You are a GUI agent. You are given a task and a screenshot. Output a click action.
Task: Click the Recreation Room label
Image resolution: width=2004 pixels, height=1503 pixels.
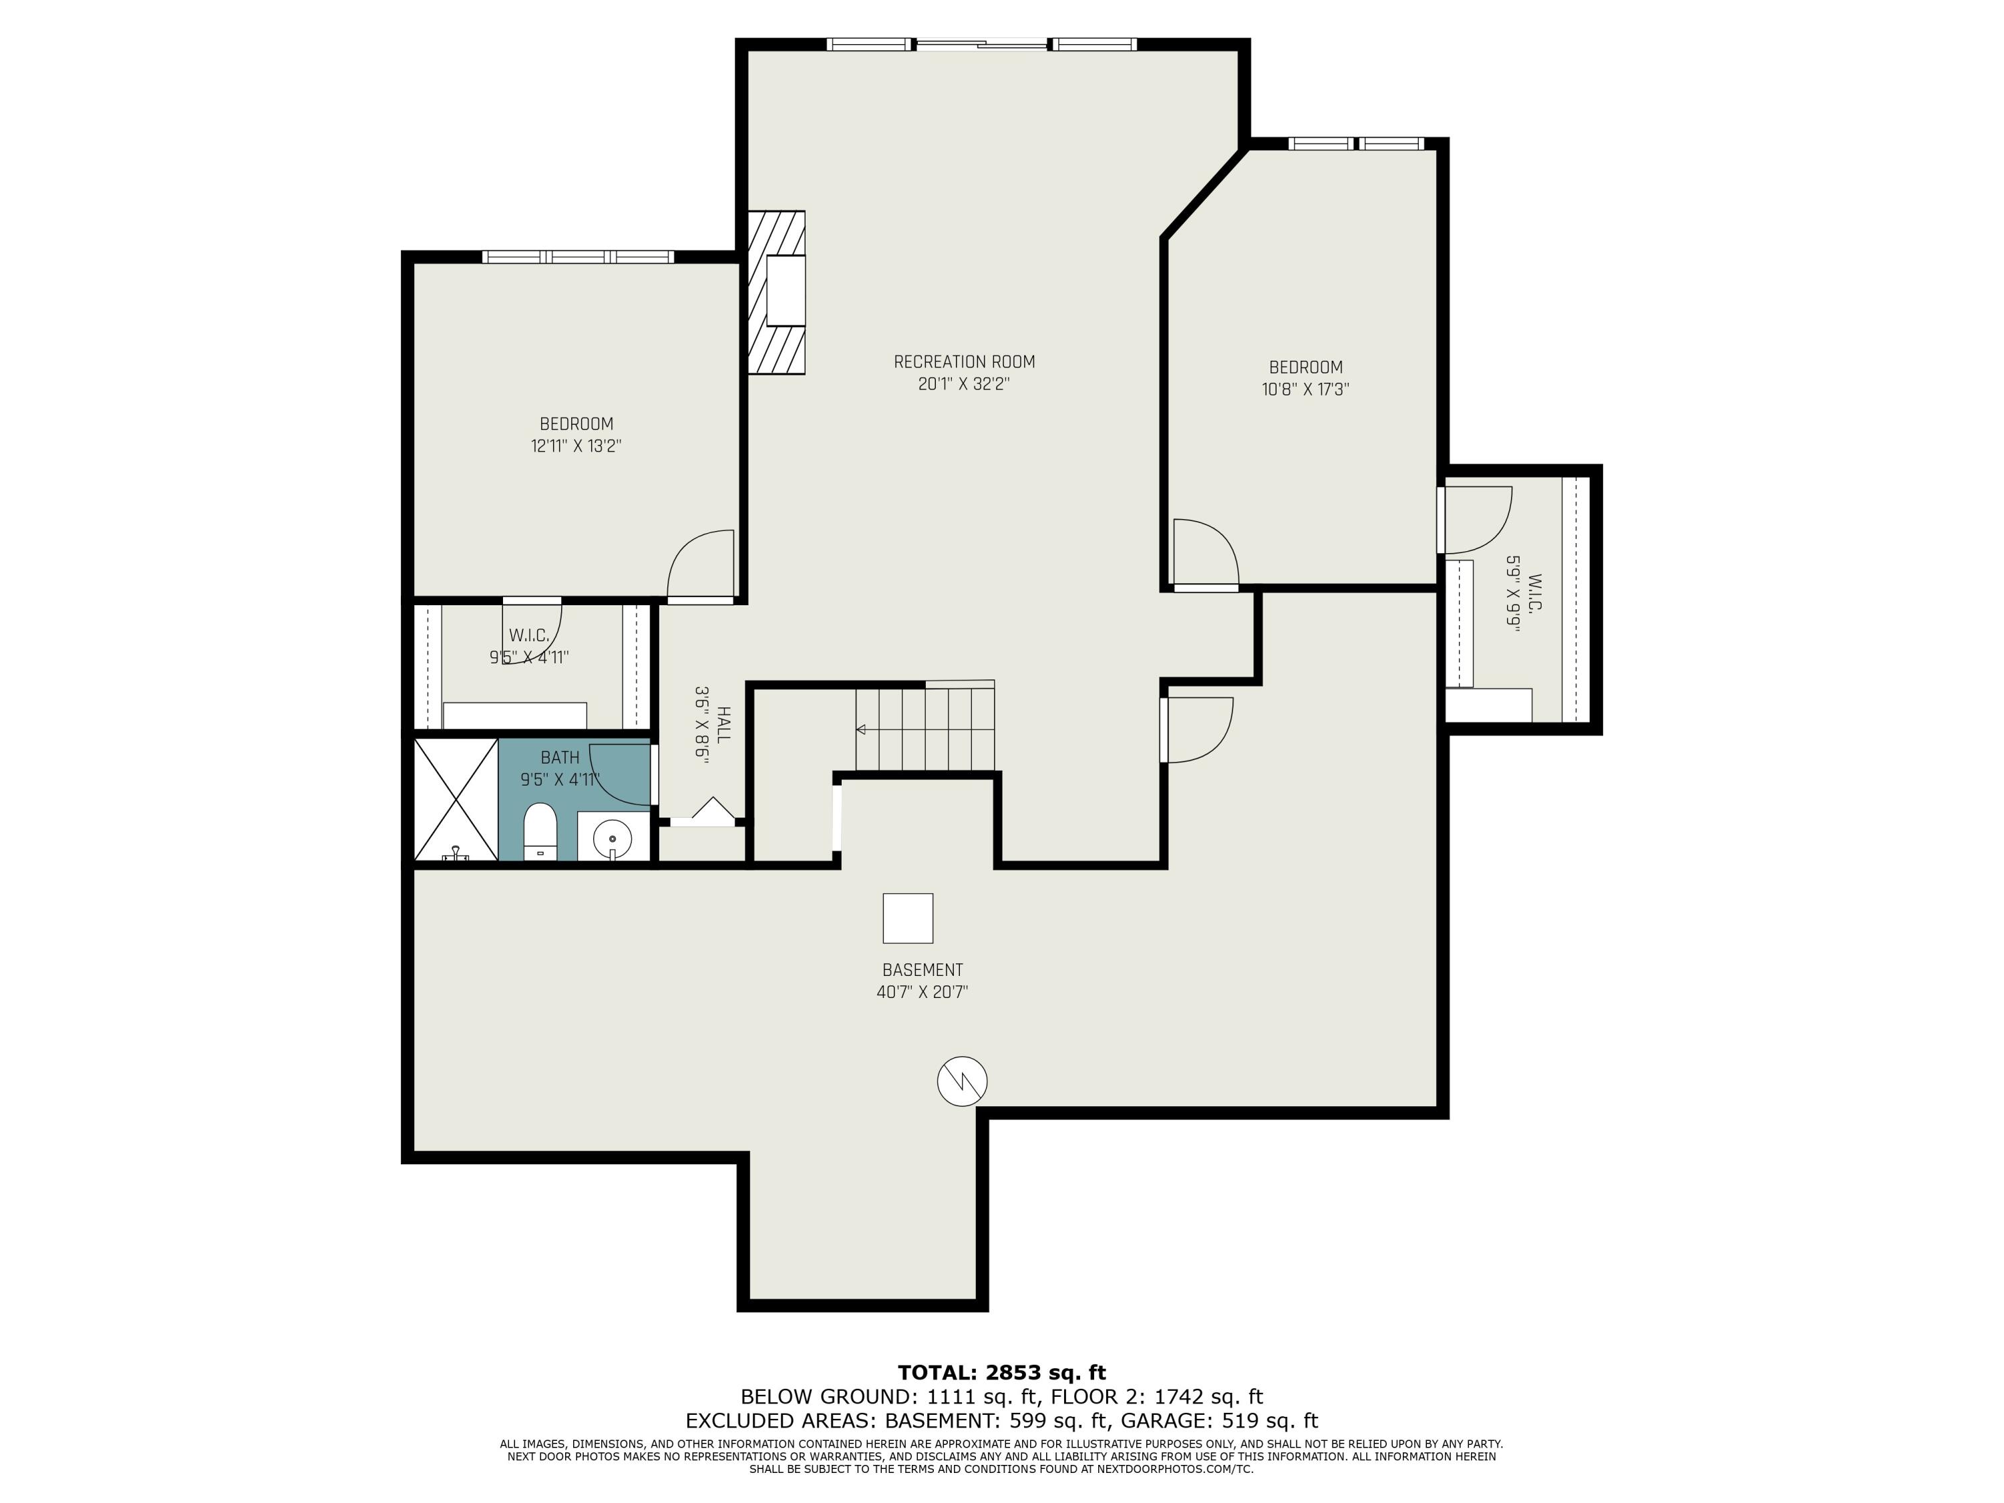click(964, 361)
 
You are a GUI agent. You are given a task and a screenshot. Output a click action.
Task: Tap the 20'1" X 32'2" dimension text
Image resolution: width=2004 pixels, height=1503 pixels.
click(964, 384)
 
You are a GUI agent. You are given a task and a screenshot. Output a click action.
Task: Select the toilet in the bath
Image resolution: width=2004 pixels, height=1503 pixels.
click(540, 830)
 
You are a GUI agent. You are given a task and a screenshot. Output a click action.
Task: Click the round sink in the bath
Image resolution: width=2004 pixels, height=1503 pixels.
click(613, 838)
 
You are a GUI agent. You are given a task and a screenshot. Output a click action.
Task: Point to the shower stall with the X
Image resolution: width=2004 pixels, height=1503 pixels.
click(456, 799)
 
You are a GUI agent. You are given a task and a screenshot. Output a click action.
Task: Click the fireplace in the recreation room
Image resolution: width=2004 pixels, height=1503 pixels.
click(778, 292)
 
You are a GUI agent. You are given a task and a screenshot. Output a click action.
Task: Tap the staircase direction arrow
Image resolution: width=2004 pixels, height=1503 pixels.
click(860, 729)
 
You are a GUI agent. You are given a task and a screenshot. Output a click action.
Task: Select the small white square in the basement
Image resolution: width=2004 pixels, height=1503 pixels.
click(908, 918)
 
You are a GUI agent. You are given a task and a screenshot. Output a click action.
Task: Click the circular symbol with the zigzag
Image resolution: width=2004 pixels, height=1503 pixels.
click(962, 1081)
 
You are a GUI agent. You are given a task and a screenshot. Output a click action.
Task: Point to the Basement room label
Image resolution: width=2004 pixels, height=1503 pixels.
click(923, 969)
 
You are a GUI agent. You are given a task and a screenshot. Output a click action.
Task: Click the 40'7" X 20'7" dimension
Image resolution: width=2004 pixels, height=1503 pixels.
click(923, 992)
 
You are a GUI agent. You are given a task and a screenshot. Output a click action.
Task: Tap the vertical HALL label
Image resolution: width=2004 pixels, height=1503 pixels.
click(723, 725)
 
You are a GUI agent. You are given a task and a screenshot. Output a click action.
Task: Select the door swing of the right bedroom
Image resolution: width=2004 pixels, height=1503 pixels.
click(1205, 552)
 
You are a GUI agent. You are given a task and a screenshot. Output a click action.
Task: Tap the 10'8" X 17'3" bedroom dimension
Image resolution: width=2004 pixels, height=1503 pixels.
click(1305, 389)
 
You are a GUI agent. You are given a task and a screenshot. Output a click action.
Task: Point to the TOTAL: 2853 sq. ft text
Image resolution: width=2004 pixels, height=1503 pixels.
click(1001, 1373)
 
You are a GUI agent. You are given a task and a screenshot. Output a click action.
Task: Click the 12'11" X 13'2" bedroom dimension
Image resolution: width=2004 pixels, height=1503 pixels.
click(576, 446)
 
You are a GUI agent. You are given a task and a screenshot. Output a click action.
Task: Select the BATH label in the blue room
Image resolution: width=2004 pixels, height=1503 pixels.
click(560, 758)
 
